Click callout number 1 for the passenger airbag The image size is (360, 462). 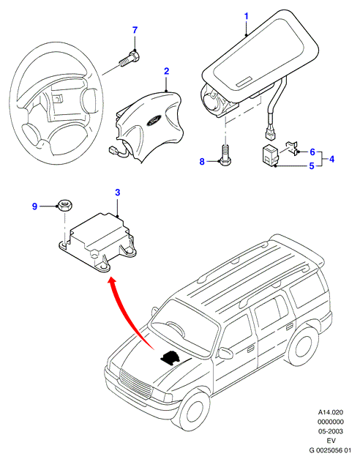pos(247,16)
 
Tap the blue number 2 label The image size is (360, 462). pos(166,71)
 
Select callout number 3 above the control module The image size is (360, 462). pos(118,193)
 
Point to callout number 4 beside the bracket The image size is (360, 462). pos(331,159)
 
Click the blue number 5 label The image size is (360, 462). pos(312,166)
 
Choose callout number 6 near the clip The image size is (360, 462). pos(312,152)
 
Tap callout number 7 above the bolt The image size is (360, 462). pos(135,30)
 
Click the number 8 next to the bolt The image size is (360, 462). pos(202,162)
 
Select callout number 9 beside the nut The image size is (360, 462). pos(34,206)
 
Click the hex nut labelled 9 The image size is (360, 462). pos(65,204)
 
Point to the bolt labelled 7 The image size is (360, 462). pos(130,59)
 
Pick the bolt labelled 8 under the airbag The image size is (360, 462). pos(225,155)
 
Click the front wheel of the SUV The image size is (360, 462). pos(195,414)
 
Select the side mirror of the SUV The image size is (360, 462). pos(225,352)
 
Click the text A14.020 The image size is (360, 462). pos(330,412)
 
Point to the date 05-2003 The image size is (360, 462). pos(330,431)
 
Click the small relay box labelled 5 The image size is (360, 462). pos(270,154)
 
